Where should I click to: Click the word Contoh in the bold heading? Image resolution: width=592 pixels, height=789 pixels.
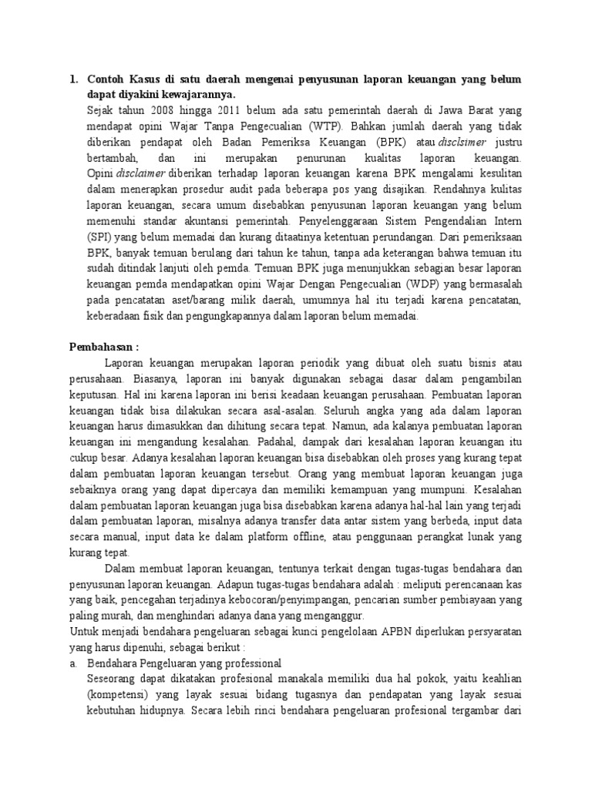point(107,79)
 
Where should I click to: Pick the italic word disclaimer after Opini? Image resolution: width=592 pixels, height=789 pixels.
point(144,173)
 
